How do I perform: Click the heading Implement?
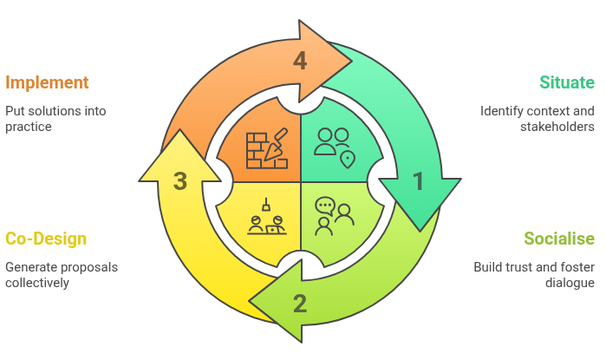(48, 83)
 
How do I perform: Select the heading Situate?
(567, 83)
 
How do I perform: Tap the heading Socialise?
(559, 239)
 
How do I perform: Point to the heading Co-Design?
(46, 239)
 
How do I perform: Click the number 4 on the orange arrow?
(300, 61)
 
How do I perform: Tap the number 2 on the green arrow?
(300, 304)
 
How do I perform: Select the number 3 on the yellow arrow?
(179, 181)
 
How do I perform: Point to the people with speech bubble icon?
(333, 216)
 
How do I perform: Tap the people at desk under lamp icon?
(265, 217)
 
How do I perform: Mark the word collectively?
(37, 283)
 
